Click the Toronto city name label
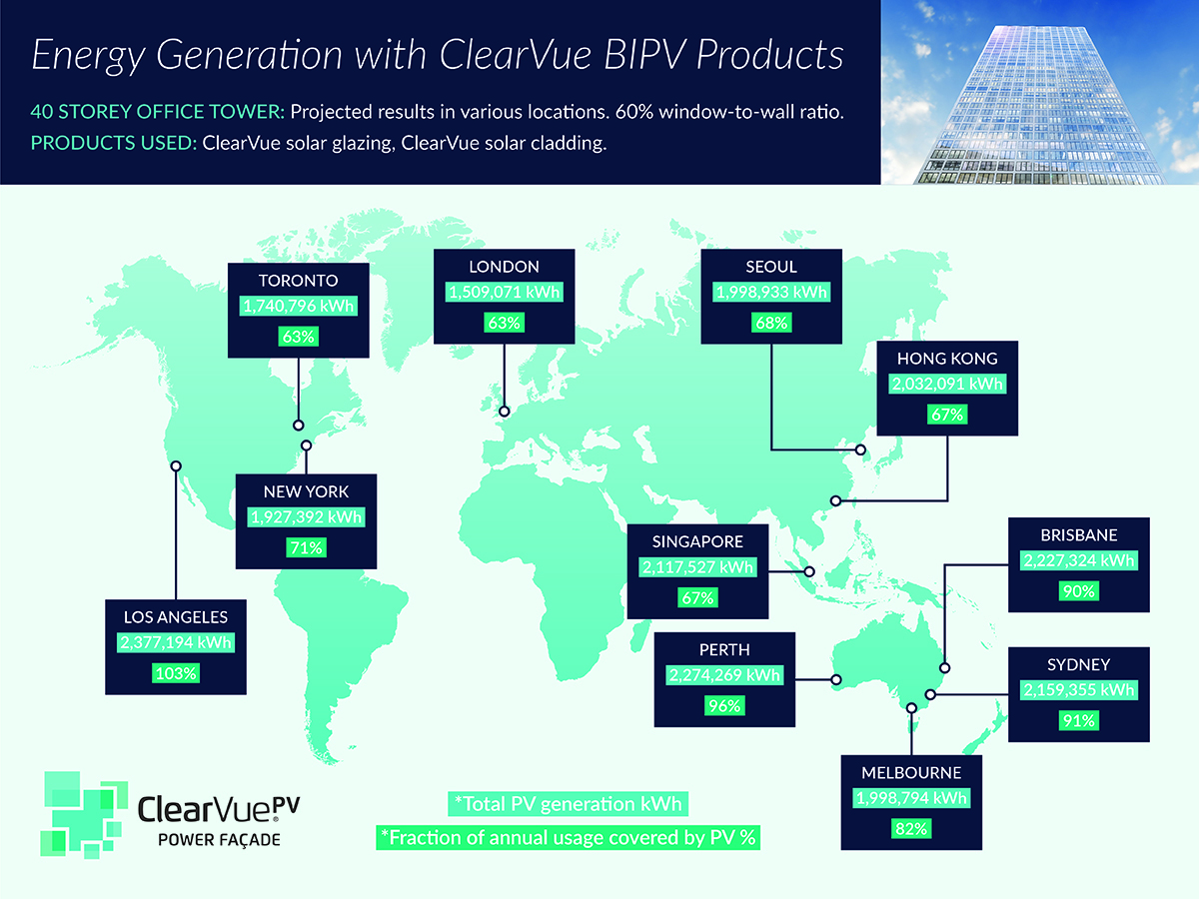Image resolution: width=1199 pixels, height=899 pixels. point(297,280)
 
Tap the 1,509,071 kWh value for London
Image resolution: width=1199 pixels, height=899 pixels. point(504,293)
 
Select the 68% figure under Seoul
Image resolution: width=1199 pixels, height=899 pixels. point(771,324)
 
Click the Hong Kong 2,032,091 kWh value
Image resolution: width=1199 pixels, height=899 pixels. point(946,384)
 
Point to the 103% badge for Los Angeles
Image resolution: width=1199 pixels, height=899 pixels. point(177,673)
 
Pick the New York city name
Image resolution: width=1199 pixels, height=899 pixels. point(306,491)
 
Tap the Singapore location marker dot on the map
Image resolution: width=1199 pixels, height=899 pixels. point(810,572)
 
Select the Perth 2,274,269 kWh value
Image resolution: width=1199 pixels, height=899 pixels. point(725,675)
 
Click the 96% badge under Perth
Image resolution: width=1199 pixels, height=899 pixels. point(725,705)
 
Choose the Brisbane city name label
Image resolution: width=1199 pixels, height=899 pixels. point(1077,535)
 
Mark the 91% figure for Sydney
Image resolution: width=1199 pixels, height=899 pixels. point(1078,720)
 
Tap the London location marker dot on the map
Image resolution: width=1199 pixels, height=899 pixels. point(505,411)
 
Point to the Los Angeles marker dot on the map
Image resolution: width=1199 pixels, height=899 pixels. point(176,465)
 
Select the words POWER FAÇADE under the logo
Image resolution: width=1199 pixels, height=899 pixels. point(219,840)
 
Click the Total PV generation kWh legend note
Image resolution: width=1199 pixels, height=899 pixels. point(567,804)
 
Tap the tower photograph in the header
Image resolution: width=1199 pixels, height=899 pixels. point(1039,92)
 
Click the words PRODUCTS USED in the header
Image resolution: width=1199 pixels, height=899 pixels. point(113,142)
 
